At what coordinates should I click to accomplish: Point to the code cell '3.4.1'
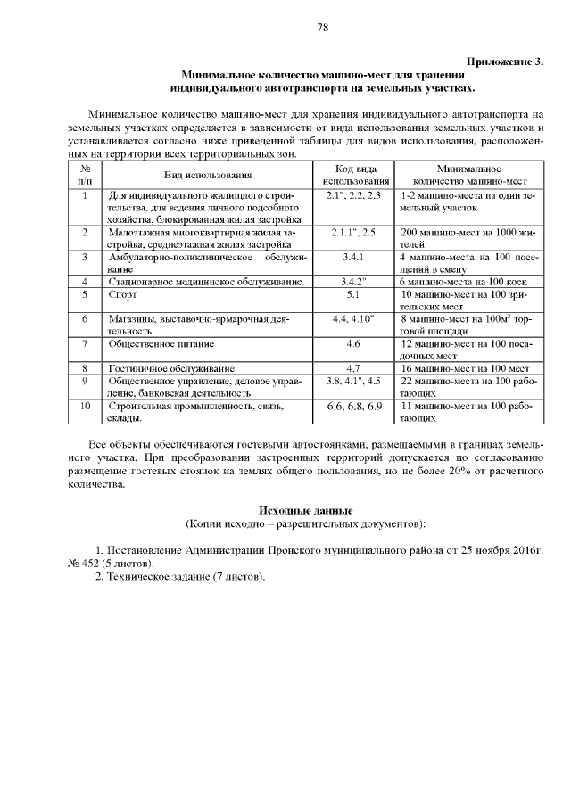[x=353, y=257]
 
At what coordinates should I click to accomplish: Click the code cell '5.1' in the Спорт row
[x=353, y=293]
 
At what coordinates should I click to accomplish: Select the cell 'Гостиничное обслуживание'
[x=171, y=367]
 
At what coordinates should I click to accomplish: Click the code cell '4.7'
[x=353, y=367]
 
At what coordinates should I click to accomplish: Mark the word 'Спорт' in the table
[x=123, y=293]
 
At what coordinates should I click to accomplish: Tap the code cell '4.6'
[x=353, y=342]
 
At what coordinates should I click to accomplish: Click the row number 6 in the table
[x=85, y=318]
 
